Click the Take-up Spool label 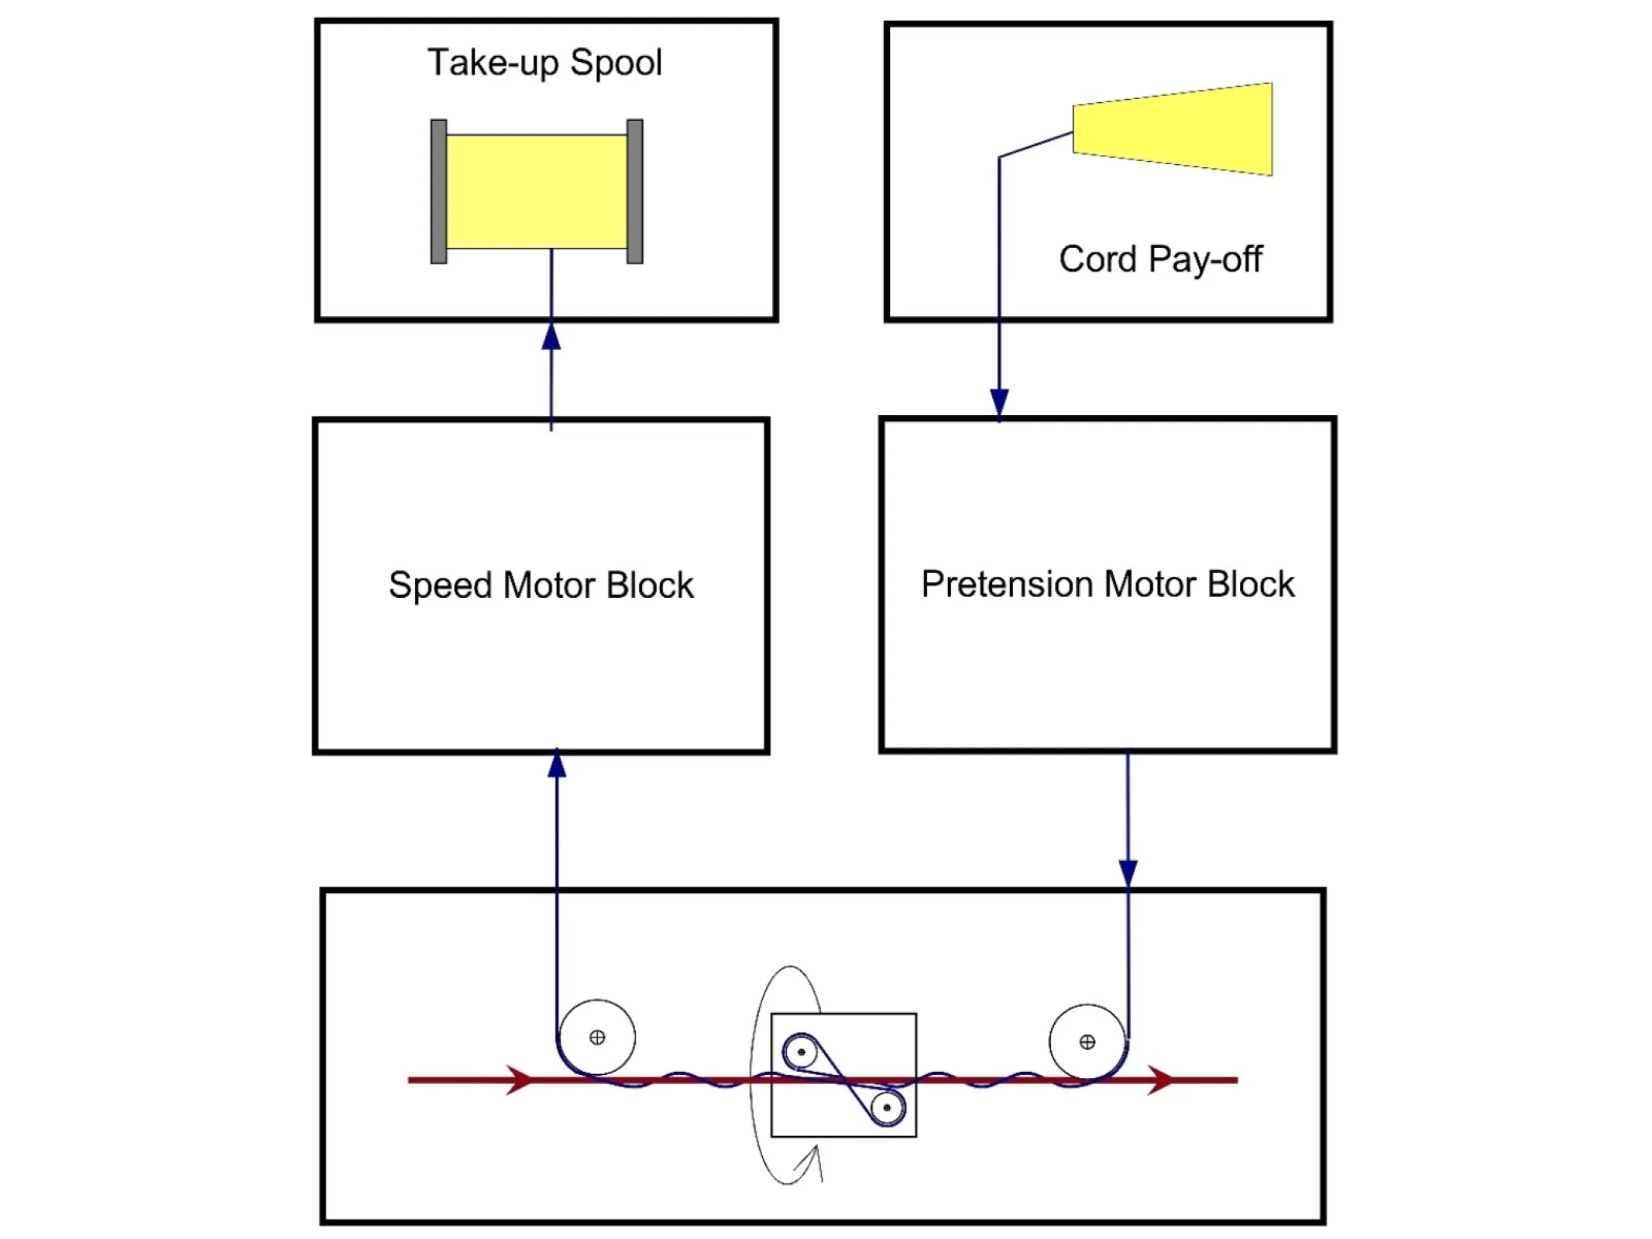544,63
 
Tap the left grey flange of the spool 438,191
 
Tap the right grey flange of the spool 634,191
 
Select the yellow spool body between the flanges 536,191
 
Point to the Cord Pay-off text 1159,259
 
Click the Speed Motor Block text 541,585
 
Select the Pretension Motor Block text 1107,585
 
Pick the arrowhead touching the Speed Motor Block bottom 557,765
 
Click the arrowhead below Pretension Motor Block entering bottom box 1128,873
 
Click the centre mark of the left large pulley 597,1038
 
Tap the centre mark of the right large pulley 1087,1042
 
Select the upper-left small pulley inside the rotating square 801,1052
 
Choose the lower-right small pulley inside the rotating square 887,1107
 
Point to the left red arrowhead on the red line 520,1079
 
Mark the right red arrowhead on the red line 1160,1079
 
